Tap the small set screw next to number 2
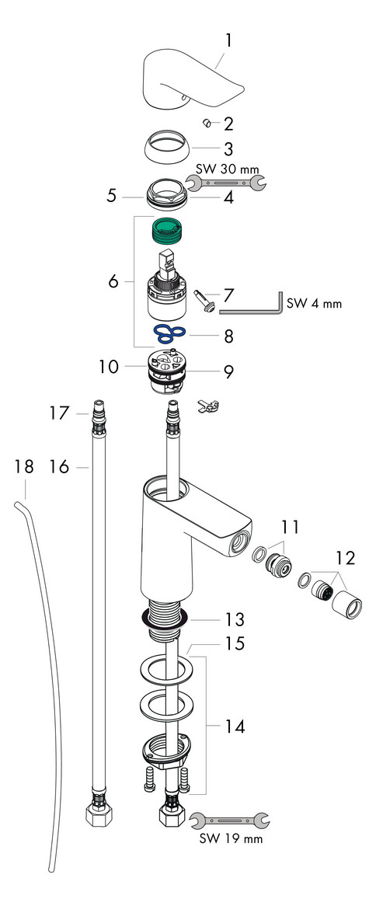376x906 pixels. pos(207,122)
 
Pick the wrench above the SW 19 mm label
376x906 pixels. pos(229,819)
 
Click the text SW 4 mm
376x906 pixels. pos(315,304)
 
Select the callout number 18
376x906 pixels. pos(24,466)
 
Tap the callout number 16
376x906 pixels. pos(59,466)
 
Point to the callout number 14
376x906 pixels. pos(234,727)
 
